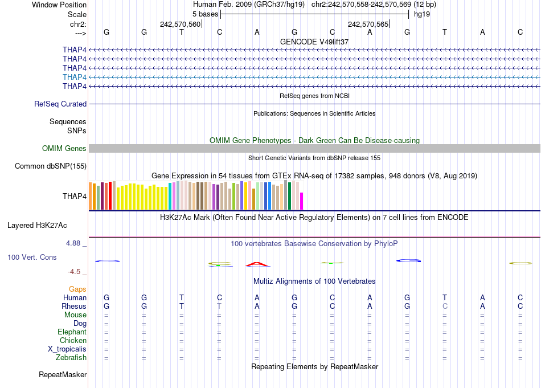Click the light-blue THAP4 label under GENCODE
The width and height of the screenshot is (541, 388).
pyautogui.click(x=75, y=77)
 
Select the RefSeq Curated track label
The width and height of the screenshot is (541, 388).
pyautogui.click(x=60, y=104)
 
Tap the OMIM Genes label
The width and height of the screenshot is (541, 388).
pyautogui.click(x=64, y=149)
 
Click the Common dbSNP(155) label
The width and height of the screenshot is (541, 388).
pyautogui.click(x=51, y=166)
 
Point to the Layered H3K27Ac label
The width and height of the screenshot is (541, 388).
pyautogui.click(x=37, y=225)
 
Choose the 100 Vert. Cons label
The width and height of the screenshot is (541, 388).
pyautogui.click(x=32, y=258)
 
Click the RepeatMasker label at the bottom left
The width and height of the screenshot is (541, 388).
pyautogui.click(x=63, y=375)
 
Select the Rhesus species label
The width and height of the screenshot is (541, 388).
pyautogui.click(x=74, y=307)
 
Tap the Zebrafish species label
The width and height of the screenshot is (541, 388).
pyautogui.click(x=71, y=358)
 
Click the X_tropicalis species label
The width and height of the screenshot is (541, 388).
pyautogui.click(x=67, y=349)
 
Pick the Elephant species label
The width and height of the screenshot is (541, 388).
pyautogui.click(x=72, y=332)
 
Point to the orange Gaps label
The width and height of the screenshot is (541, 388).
pyautogui.click(x=77, y=289)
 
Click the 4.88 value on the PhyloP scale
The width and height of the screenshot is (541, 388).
pyautogui.click(x=74, y=243)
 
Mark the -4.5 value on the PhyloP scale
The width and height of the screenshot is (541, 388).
pyautogui.click(x=75, y=272)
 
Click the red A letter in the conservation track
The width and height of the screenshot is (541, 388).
pyautogui.click(x=257, y=264)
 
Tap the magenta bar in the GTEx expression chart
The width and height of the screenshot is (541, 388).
pyautogui.click(x=302, y=201)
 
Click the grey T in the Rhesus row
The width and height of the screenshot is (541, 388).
pyautogui.click(x=219, y=307)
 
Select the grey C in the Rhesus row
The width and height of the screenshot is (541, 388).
pyautogui.click(x=445, y=307)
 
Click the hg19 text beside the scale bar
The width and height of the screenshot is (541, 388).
pyautogui.click(x=422, y=14)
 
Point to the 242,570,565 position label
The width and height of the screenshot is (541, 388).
pyautogui.click(x=368, y=24)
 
